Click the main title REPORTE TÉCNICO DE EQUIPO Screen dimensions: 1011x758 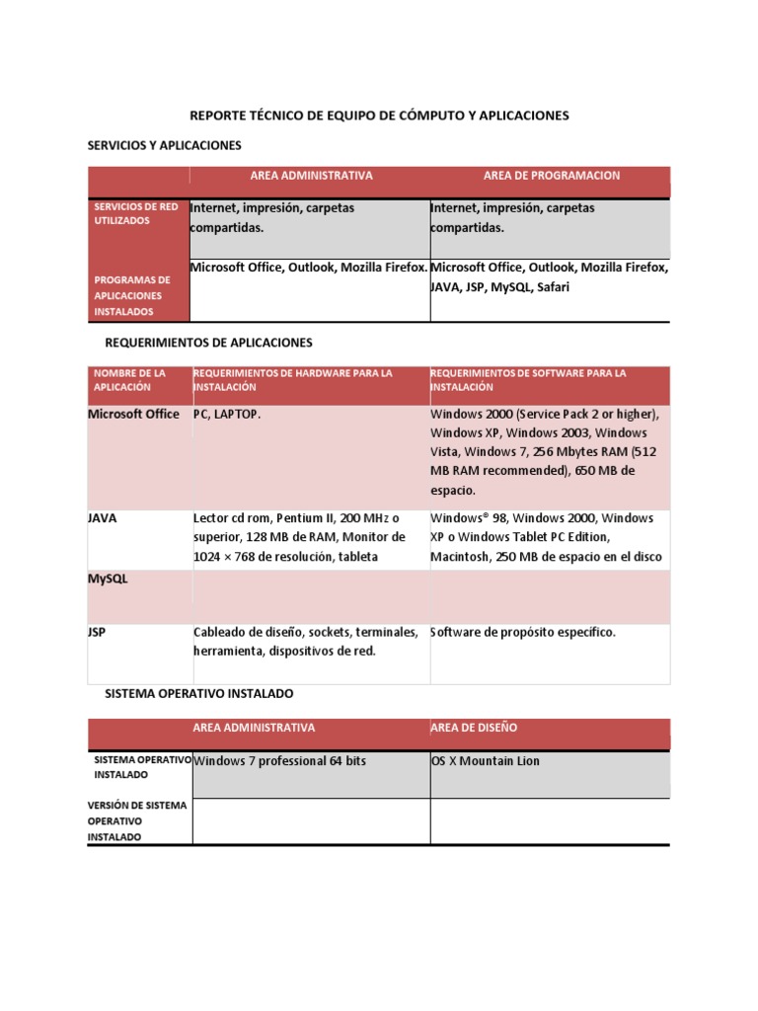click(x=379, y=116)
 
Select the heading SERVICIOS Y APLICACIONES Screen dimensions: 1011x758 click(x=165, y=145)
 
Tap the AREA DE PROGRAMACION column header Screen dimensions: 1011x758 click(x=551, y=176)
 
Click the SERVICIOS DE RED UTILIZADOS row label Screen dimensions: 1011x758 click(x=135, y=214)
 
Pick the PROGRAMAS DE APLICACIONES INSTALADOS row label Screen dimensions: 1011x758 click(x=132, y=295)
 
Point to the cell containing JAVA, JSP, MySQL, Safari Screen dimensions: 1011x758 click(x=550, y=277)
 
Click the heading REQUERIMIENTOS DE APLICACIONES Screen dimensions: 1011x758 click(x=208, y=343)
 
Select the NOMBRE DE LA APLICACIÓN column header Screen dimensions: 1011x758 click(x=129, y=380)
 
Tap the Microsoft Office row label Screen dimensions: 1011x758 click(x=133, y=414)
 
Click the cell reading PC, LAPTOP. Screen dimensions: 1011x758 click(x=227, y=415)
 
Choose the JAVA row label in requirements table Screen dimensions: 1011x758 click(x=102, y=517)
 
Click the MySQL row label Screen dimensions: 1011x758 click(x=108, y=580)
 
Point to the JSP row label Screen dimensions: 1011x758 click(x=97, y=632)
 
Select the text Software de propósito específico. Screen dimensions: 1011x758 click(x=522, y=632)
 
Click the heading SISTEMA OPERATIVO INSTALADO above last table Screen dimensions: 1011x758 click(x=198, y=694)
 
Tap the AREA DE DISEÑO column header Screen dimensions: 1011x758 click(x=474, y=728)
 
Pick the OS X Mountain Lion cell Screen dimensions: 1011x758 click(x=486, y=761)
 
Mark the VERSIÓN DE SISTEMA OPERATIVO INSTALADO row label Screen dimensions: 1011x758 click(x=136, y=820)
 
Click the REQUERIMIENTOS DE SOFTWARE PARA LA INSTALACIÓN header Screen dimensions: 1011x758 click(x=528, y=380)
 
